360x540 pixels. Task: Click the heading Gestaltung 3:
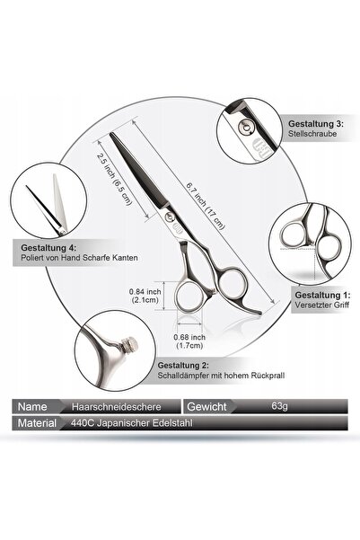click(316, 124)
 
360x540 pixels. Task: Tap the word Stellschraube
click(312, 134)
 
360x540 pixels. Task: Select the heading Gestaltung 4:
click(48, 248)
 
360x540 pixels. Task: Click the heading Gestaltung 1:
click(322, 295)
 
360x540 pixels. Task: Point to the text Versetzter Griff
click(322, 305)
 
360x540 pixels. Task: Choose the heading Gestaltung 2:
click(183, 366)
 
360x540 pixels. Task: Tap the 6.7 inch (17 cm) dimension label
click(206, 206)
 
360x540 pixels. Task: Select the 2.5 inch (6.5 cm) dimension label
click(114, 179)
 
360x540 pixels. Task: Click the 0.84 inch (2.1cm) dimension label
click(145, 296)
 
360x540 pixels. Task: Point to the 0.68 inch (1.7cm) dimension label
click(189, 341)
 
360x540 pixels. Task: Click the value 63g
click(279, 406)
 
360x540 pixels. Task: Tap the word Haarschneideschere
click(117, 407)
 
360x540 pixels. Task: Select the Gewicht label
click(206, 407)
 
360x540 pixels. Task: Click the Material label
click(37, 423)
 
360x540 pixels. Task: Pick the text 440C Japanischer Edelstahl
click(131, 423)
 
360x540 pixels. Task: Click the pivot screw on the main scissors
click(170, 217)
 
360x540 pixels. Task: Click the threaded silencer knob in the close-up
click(130, 344)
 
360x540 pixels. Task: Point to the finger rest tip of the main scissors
click(259, 313)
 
